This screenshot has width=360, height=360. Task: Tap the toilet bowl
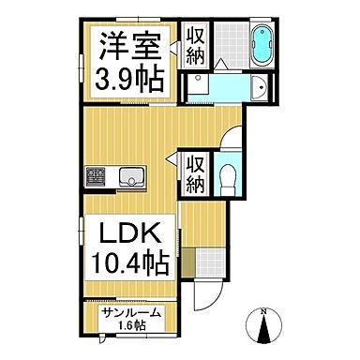225,177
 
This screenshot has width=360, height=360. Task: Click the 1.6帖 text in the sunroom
131,326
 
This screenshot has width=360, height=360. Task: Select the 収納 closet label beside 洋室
195,44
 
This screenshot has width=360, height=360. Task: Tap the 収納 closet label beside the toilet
195,172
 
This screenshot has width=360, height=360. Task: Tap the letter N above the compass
264,310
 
